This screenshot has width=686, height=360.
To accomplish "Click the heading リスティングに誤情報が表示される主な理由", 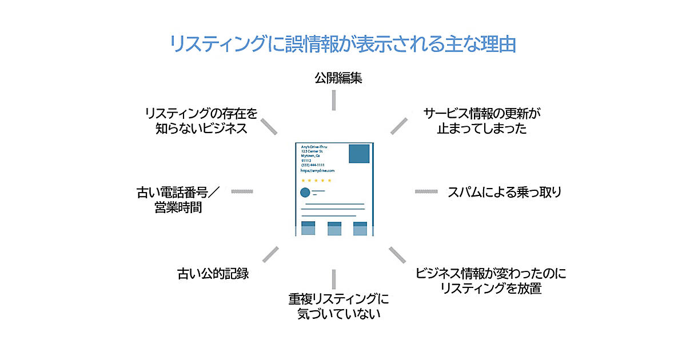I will [343, 44].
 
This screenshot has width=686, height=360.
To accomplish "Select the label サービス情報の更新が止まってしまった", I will [482, 121].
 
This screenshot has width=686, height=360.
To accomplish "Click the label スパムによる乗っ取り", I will [504, 192].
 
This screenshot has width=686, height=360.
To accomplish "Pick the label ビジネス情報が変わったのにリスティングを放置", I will [490, 281].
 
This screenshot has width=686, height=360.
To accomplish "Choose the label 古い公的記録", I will [213, 273].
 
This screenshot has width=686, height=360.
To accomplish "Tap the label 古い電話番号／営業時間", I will [178, 199].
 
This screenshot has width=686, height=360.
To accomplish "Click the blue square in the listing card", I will [359, 154].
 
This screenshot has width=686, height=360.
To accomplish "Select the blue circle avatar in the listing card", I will [305, 192].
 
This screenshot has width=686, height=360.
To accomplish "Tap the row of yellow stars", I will [316, 181].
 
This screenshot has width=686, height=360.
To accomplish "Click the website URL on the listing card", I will [317, 170].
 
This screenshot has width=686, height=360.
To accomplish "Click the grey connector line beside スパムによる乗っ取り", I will [426, 191].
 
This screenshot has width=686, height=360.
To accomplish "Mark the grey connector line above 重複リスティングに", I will [334, 279].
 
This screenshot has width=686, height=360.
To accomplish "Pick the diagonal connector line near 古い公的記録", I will [269, 255].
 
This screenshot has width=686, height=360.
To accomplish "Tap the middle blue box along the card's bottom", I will [334, 228].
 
